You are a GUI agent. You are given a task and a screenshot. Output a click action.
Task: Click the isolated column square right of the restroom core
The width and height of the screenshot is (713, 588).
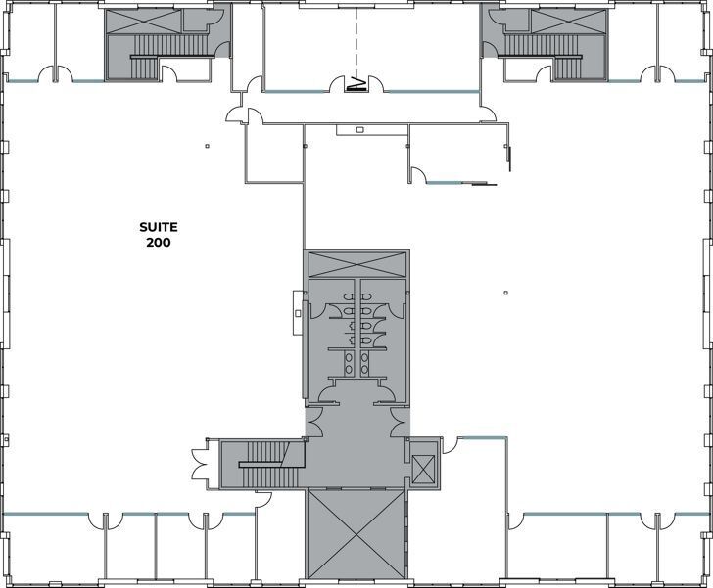click(x=505, y=291)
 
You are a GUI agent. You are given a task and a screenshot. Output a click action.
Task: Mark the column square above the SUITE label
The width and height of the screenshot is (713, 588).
click(x=207, y=147)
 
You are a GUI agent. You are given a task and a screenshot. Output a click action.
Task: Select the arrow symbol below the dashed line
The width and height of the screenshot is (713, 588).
click(x=357, y=83)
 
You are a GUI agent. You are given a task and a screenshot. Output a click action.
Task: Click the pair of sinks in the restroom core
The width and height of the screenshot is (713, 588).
click(x=356, y=362)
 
